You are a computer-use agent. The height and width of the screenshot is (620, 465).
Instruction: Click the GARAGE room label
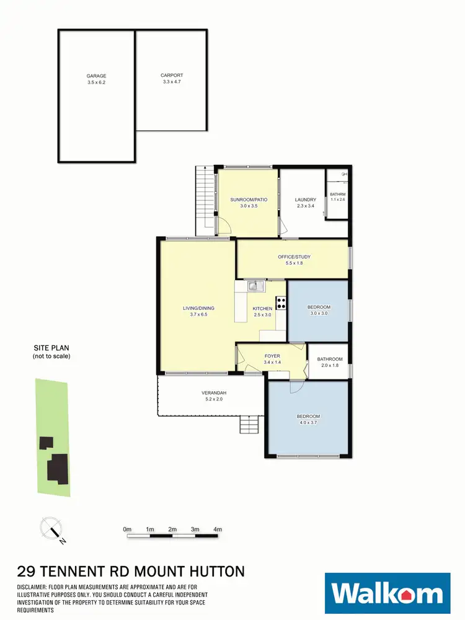[96, 76]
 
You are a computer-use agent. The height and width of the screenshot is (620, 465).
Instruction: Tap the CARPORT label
[172, 76]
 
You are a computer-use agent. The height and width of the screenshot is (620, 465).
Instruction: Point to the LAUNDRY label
[306, 200]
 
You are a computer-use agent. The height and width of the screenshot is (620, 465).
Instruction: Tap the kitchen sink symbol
[253, 286]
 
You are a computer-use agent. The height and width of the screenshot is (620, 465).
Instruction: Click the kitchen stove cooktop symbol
[280, 303]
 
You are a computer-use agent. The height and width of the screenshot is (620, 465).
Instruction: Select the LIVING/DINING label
[198, 308]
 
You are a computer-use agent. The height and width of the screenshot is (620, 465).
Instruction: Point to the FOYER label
[271, 356]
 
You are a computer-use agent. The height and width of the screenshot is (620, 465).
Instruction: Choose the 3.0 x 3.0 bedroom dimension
[319, 314]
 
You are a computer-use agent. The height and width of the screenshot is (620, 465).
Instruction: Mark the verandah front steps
[248, 425]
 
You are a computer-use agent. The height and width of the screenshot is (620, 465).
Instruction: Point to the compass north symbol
[51, 529]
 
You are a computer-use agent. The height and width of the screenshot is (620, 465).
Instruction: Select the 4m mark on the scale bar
[218, 529]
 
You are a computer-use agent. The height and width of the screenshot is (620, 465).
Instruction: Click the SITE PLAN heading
[51, 349]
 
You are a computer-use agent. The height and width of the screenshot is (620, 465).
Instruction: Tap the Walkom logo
[387, 594]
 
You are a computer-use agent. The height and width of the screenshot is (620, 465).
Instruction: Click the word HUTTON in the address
[211, 571]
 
